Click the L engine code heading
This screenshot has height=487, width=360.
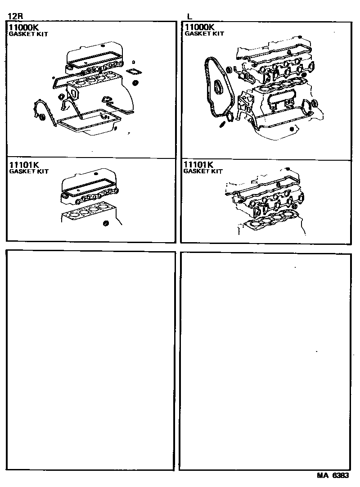click(x=189, y=17)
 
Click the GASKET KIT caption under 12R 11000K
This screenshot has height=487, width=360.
click(x=28, y=34)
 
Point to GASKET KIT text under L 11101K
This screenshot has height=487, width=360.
click(x=203, y=171)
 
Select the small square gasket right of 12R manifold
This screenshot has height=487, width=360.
click(x=133, y=72)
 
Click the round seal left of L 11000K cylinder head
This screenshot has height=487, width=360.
click(x=229, y=70)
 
